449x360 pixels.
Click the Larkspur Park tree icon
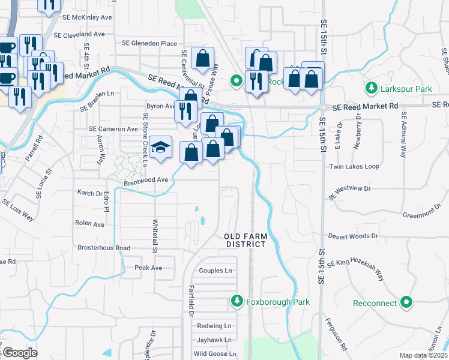click(372, 89)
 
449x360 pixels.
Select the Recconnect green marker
click(407, 302)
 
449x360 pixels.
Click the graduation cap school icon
click(160, 147)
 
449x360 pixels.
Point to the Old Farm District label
click(246, 240)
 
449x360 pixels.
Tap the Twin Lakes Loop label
click(354, 166)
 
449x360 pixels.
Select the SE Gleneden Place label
click(149, 43)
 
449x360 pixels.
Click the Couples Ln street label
click(215, 271)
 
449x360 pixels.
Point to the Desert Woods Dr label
click(353, 236)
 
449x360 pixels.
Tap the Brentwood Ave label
click(146, 179)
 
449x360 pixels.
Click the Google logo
click(20, 353)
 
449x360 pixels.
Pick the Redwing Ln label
click(214, 326)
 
